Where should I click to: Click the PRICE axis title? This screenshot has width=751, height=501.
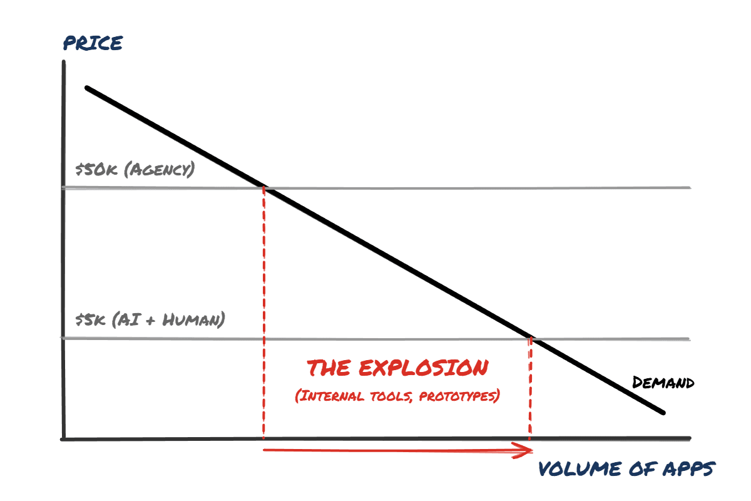click(93, 43)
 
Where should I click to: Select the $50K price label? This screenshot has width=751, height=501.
click(95, 170)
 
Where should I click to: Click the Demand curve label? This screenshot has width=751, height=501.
click(663, 383)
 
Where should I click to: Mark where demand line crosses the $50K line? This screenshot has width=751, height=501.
click(265, 187)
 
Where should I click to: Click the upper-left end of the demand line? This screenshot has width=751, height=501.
click(88, 88)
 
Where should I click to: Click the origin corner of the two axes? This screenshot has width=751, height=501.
click(63, 438)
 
